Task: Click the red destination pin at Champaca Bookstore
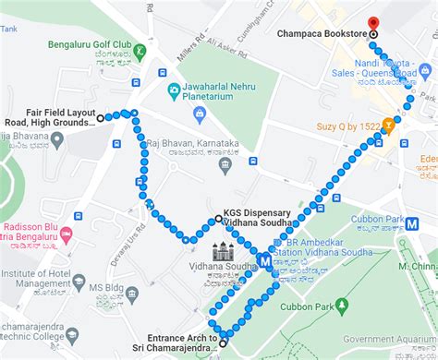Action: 373,23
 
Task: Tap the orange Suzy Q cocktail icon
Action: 390,121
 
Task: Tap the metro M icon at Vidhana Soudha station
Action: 266,260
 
